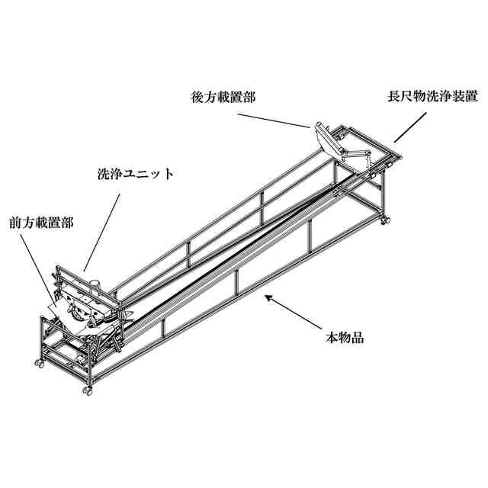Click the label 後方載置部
point(224,98)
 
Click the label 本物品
point(342,337)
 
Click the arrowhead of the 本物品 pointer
point(266,296)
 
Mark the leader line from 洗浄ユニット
point(102,229)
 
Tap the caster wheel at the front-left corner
point(38,364)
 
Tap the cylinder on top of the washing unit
point(95,283)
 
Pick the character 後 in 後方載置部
point(196,98)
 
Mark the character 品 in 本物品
point(357,337)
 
